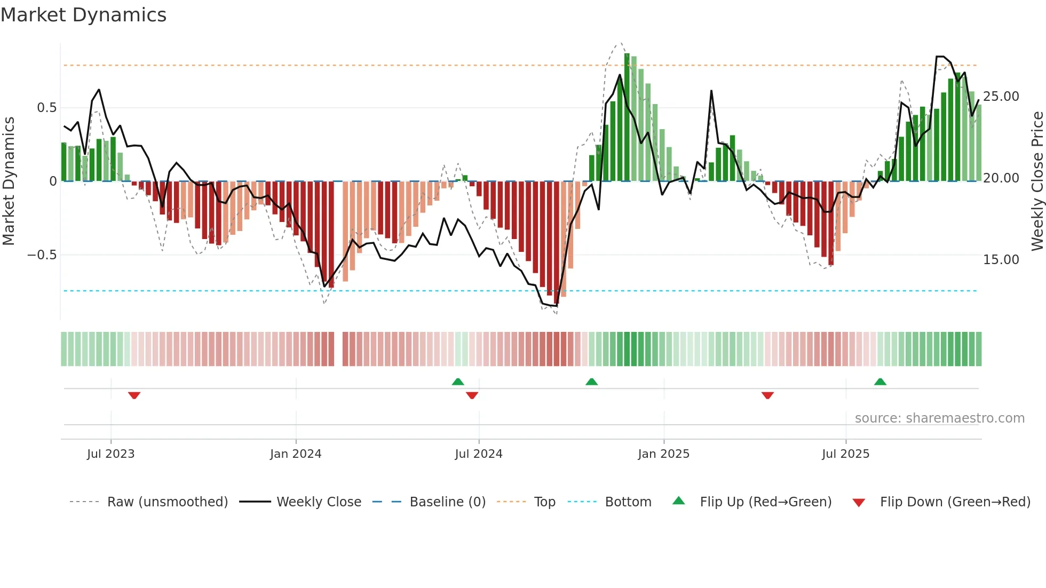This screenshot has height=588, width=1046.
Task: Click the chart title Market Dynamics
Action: coord(83,15)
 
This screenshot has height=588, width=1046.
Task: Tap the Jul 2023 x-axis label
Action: coord(110,454)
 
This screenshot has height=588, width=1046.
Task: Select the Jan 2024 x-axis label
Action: coord(296,454)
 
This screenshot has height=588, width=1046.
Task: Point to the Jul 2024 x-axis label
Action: coord(479,454)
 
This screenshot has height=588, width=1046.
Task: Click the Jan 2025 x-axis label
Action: coord(663,454)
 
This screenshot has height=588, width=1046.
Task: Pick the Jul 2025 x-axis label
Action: coord(845,454)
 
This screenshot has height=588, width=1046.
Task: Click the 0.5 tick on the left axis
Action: coord(46,108)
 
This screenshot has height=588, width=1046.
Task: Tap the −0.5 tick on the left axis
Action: coord(42,255)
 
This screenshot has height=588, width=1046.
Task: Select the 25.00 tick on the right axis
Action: coord(1001,97)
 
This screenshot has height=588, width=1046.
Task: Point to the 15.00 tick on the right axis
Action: coord(1001,260)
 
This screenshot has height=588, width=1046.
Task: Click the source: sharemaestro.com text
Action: coord(939,418)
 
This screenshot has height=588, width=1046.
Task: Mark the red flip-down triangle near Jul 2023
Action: coord(134,395)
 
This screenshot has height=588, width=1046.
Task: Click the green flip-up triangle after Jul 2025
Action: coord(880,382)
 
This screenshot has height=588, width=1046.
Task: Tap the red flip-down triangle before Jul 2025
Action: coord(767,395)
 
